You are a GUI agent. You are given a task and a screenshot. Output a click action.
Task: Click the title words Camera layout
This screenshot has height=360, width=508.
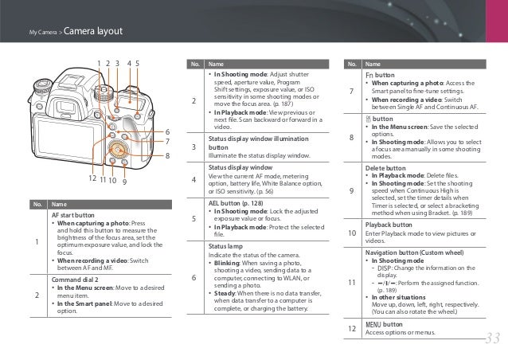(x=92, y=32)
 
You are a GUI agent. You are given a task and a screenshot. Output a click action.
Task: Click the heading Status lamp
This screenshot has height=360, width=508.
(x=226, y=247)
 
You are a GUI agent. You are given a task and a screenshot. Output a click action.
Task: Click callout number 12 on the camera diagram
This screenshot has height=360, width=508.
(x=92, y=180)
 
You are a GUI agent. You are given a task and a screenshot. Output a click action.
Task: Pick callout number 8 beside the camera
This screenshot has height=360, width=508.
(x=168, y=156)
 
